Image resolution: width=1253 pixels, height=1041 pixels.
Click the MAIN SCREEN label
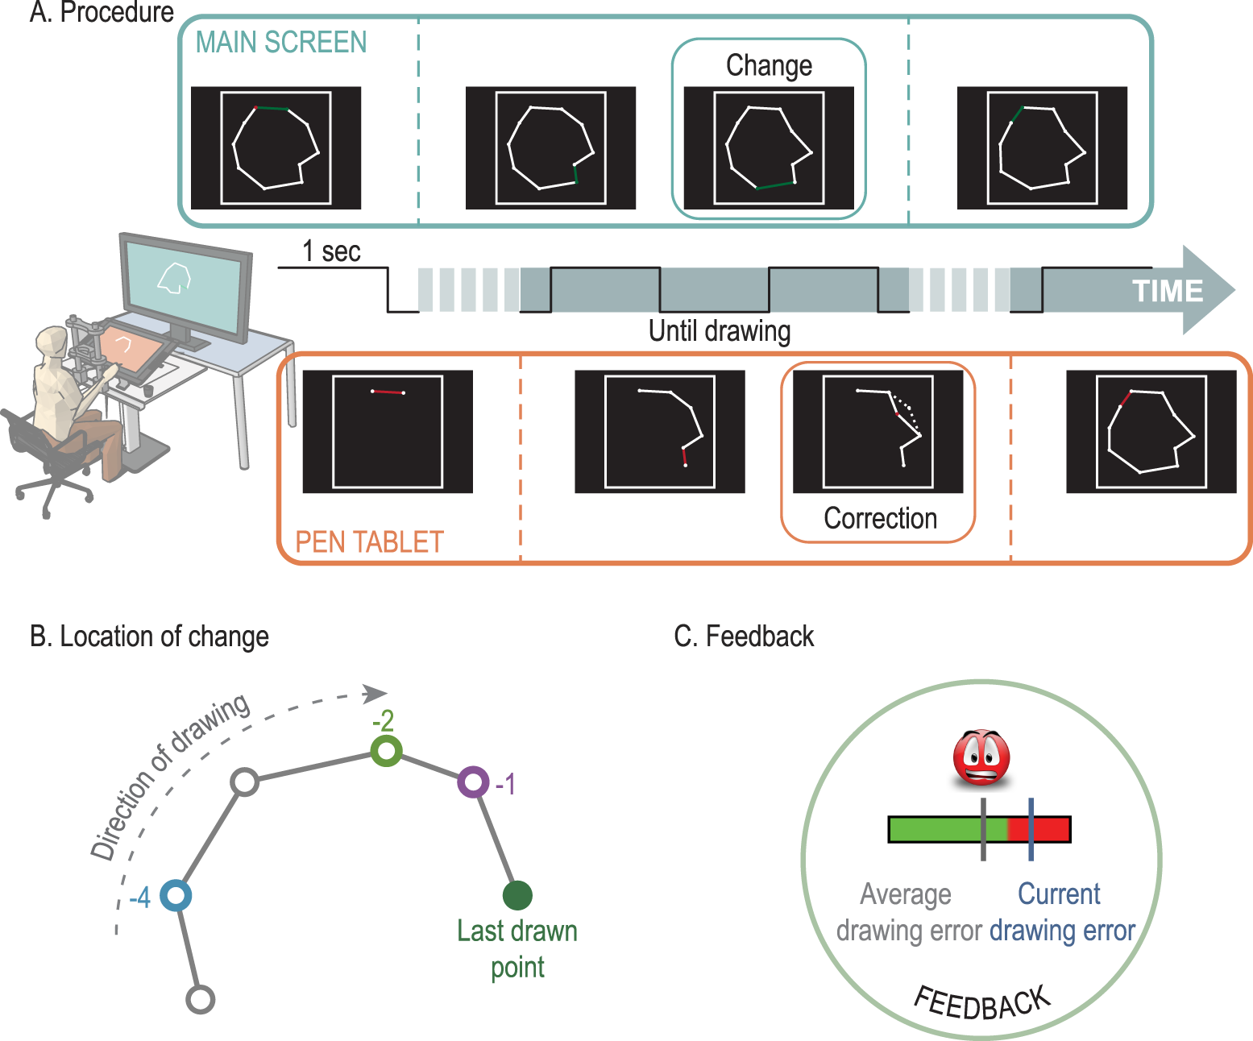click(281, 43)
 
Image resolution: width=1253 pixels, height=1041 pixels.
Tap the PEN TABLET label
click(369, 542)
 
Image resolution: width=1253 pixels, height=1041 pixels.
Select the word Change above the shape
click(769, 66)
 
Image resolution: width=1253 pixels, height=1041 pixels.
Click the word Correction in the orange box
click(880, 518)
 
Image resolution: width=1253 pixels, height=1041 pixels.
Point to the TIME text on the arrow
click(1168, 291)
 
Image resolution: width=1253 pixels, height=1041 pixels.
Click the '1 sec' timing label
click(331, 252)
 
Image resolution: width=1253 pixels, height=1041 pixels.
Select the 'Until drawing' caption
click(720, 331)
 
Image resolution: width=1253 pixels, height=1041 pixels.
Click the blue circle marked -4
click(176, 895)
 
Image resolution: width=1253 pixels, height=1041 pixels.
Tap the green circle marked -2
click(387, 751)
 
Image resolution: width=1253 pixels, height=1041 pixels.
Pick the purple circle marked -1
click(473, 782)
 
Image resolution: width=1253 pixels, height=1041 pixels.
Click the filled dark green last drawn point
click(517, 895)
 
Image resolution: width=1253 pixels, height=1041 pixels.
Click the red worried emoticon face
click(981, 758)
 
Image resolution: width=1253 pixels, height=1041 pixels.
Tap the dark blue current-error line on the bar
click(1031, 829)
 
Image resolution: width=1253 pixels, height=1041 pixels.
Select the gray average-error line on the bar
click(983, 829)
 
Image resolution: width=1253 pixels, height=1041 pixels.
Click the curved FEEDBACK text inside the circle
click(982, 1003)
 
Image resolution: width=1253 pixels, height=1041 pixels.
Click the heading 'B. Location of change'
click(149, 637)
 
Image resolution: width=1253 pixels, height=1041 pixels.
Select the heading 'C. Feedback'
click(744, 637)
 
